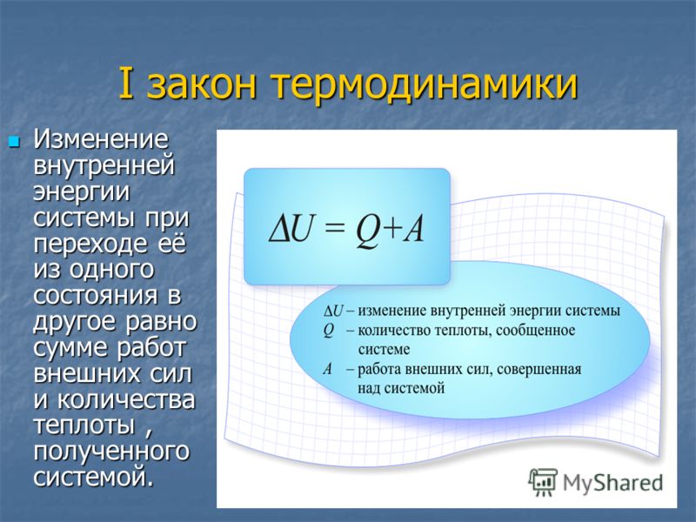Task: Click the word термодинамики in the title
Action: pyautogui.click(x=425, y=85)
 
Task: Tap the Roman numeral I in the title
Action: pyautogui.click(x=125, y=84)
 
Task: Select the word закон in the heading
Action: pyautogui.click(x=202, y=85)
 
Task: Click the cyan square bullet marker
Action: pyautogui.click(x=15, y=142)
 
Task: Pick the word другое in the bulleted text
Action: pyautogui.click(x=76, y=322)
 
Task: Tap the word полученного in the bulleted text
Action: pyautogui.click(x=111, y=452)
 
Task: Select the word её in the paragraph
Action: pyautogui.click(x=171, y=244)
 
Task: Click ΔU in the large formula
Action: pyautogui.click(x=290, y=230)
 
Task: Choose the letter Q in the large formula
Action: pyautogui.click(x=367, y=231)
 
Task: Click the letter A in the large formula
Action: pyautogui.click(x=413, y=230)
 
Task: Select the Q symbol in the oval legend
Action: pyautogui.click(x=328, y=331)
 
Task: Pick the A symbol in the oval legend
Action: pyautogui.click(x=328, y=368)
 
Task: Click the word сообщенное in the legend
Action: pyautogui.click(x=535, y=331)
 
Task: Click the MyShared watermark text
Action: pyautogui.click(x=613, y=483)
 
